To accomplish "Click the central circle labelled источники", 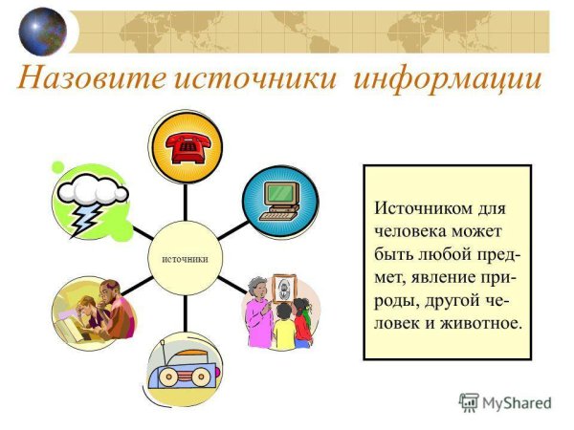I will pos(186,259).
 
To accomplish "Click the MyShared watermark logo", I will pos(505,403).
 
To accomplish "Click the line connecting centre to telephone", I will pos(186,205).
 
